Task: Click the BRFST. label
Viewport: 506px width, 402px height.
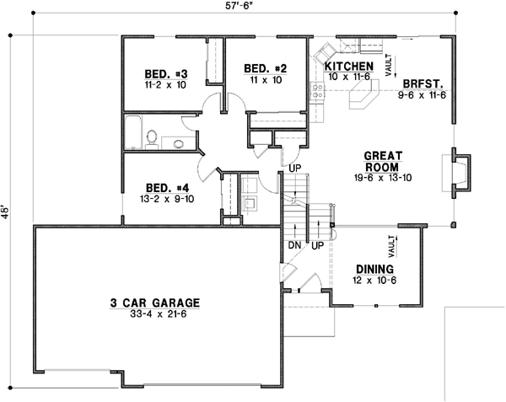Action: (423, 84)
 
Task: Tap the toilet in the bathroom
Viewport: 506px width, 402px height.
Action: (152, 137)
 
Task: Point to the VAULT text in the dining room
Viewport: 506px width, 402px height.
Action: (393, 246)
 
